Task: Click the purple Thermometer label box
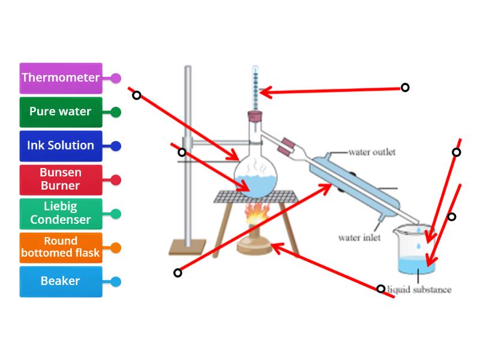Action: pos(61,78)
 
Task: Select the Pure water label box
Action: pos(61,112)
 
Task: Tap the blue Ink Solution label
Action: pos(61,146)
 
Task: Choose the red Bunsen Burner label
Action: pos(61,179)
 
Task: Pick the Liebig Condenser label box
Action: pos(61,214)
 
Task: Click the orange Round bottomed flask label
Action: pos(61,247)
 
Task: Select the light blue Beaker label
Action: pos(61,281)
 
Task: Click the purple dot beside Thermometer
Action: pos(116,78)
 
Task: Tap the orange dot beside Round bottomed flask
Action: pos(116,247)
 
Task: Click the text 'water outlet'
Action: pos(371,152)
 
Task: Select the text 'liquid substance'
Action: pos(419,290)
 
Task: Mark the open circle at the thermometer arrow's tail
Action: pos(405,88)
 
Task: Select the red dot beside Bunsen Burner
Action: pos(116,179)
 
